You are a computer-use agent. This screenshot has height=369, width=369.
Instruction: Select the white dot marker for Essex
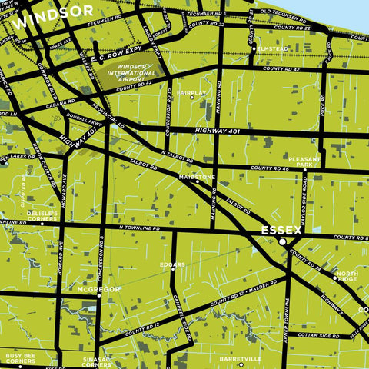click(x=282, y=242)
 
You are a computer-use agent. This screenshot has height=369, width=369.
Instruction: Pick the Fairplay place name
click(x=191, y=92)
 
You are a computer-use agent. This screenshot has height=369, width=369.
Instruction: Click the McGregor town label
click(x=98, y=289)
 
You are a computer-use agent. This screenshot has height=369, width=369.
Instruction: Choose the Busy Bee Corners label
click(x=21, y=359)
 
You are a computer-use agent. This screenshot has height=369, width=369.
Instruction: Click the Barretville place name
click(x=240, y=359)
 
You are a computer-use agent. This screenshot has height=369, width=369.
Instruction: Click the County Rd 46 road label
click(x=268, y=167)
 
